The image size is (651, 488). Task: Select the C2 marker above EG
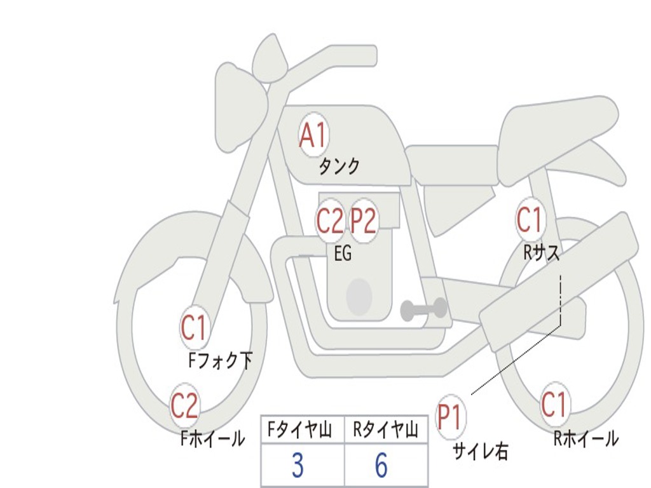pyautogui.click(x=330, y=220)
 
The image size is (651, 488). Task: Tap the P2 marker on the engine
pyautogui.click(x=363, y=220)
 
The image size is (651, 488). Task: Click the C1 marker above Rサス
pyautogui.click(x=530, y=219)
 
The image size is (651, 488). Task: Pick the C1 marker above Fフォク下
pyautogui.click(x=193, y=327)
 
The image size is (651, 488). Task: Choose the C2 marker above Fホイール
pyautogui.click(x=185, y=405)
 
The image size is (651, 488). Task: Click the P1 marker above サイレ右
pyautogui.click(x=451, y=416)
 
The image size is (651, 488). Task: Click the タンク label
pyautogui.click(x=339, y=166)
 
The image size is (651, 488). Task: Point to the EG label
pyautogui.click(x=343, y=253)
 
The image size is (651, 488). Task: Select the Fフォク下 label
pyautogui.click(x=220, y=360)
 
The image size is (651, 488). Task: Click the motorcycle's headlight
pyautogui.click(x=241, y=110)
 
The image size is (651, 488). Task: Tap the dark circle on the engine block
pyautogui.click(x=359, y=296)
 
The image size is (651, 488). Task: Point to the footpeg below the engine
pyautogui.click(x=423, y=309)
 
